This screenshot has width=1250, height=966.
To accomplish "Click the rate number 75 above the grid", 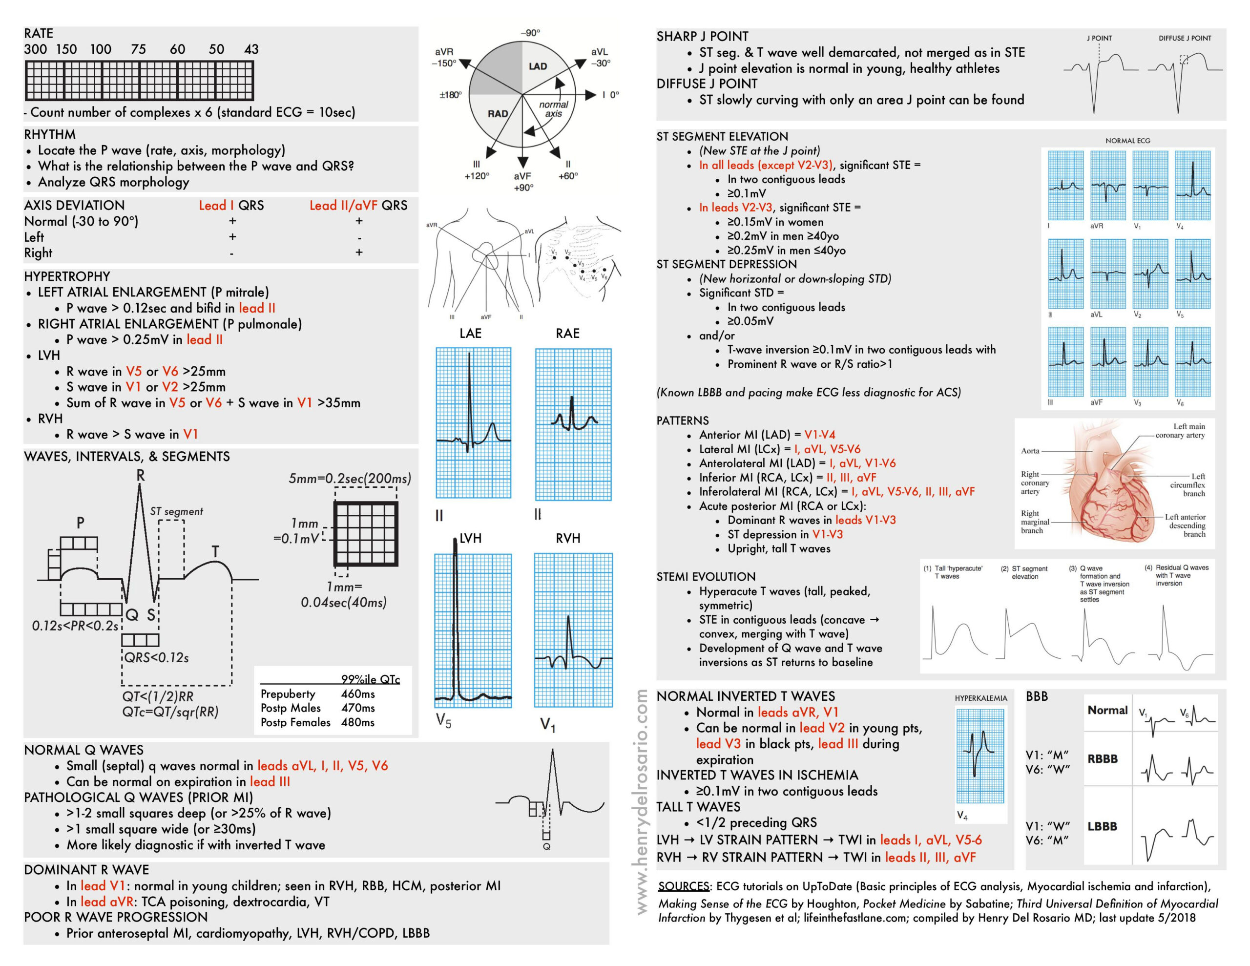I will (138, 49).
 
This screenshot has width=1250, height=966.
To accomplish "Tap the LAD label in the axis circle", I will (538, 66).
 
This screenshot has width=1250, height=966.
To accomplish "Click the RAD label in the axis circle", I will (498, 113).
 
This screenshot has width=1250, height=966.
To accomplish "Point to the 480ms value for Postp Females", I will (358, 723).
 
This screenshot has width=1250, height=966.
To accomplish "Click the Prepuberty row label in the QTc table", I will (288, 694).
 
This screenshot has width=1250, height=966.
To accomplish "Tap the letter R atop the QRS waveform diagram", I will (141, 475).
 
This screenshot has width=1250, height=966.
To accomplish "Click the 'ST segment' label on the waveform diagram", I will (176, 511).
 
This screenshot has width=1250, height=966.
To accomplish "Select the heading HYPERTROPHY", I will (67, 276).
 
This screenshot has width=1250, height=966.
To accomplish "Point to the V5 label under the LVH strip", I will (443, 720).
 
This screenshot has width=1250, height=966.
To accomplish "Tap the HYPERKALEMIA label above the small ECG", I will (980, 698).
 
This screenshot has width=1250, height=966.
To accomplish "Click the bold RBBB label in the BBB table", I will (1103, 759).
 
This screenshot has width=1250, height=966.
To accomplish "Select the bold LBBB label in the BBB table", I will (1103, 826).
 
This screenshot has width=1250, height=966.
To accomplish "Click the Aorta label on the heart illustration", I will (1030, 451).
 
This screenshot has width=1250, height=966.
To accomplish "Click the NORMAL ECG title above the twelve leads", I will (1127, 141).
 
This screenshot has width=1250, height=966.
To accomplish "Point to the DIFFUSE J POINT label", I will (1185, 39).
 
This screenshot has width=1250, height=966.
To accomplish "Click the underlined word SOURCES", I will (684, 886).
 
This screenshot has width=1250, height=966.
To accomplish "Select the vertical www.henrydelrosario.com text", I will (642, 801).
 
